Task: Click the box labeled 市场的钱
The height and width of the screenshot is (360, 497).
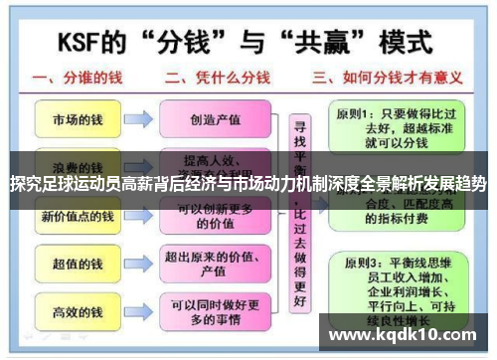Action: pyautogui.click(x=77, y=120)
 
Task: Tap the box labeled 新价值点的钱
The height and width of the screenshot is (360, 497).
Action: pyautogui.click(x=77, y=216)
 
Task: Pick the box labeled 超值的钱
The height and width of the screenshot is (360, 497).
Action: pyautogui.click(x=77, y=264)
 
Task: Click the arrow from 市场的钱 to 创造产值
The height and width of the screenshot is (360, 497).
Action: pyautogui.click(x=138, y=120)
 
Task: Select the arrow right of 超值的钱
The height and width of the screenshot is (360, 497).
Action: pyautogui.click(x=138, y=264)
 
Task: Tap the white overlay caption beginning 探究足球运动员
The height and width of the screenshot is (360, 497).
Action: pyautogui.click(x=248, y=184)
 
